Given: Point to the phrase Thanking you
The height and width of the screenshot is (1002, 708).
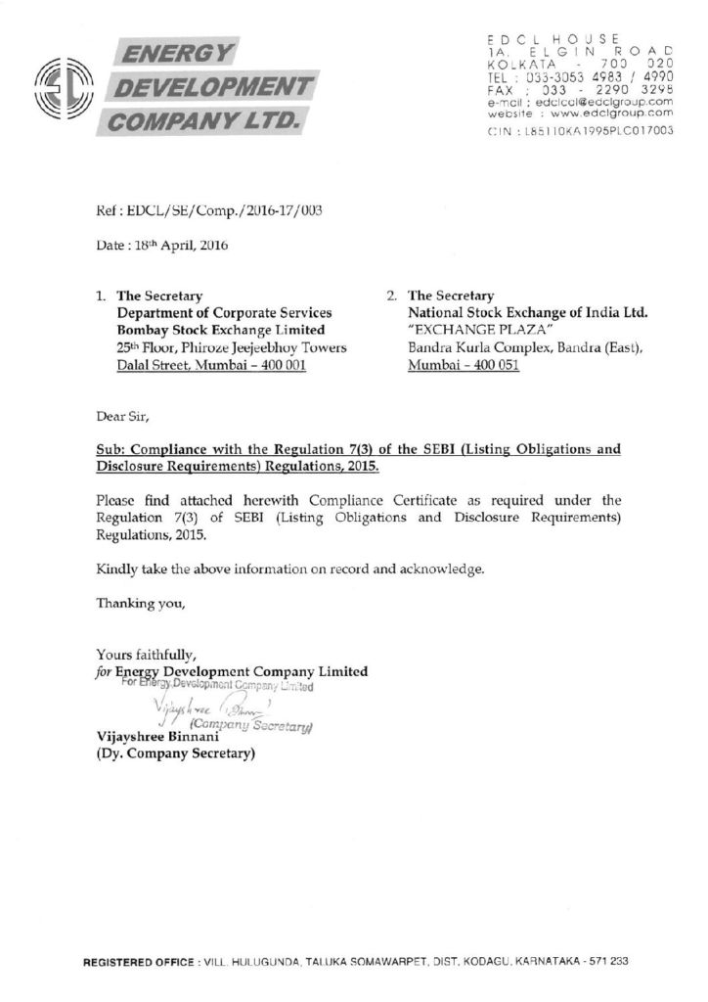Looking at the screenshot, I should click(x=140, y=603).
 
